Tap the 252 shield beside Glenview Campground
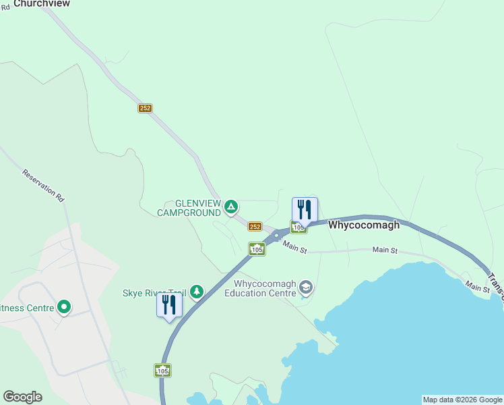[x=255, y=227]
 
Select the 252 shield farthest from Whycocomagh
[x=146, y=108]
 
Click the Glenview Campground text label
[x=188, y=208]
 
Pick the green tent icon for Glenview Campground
[x=231, y=206]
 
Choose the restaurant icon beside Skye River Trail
[x=169, y=305]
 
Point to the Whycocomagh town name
[x=364, y=225]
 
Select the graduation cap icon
[x=306, y=288]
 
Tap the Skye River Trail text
[x=154, y=293]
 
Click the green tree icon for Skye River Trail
[x=196, y=292]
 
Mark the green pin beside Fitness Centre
[x=64, y=308]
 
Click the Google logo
[x=22, y=397]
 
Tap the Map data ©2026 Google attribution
[x=462, y=400]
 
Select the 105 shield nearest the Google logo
[x=162, y=371]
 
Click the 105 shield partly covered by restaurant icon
[x=298, y=227]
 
